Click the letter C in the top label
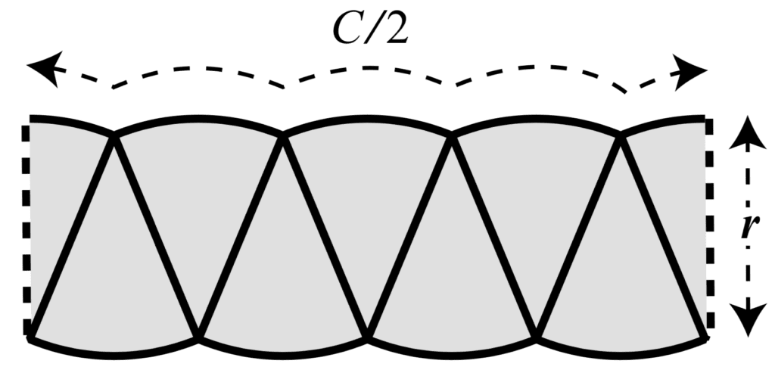coord(350,29)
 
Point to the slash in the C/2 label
coord(373,29)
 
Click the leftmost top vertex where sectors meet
coord(114,135)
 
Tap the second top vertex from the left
coord(283,135)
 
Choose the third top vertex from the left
coord(453,135)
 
